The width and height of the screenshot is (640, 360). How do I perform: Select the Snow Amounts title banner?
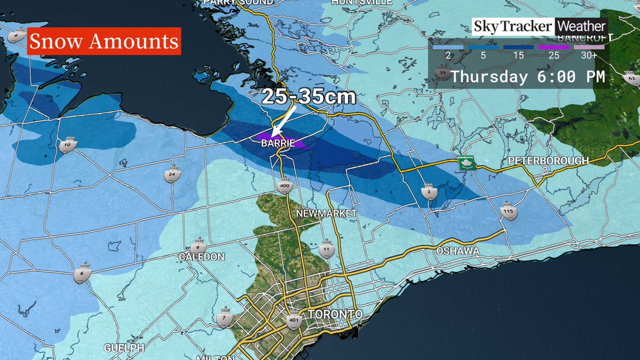click(103, 42)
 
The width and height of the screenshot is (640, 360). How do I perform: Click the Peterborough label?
click(548, 161)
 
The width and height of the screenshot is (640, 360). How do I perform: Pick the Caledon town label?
click(202, 257)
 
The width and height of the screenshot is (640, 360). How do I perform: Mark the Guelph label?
click(124, 347)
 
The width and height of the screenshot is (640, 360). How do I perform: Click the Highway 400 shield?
click(284, 185)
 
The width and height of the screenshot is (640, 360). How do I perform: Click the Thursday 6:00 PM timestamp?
click(527, 77)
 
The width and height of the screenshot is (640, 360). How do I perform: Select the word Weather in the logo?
click(581, 26)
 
